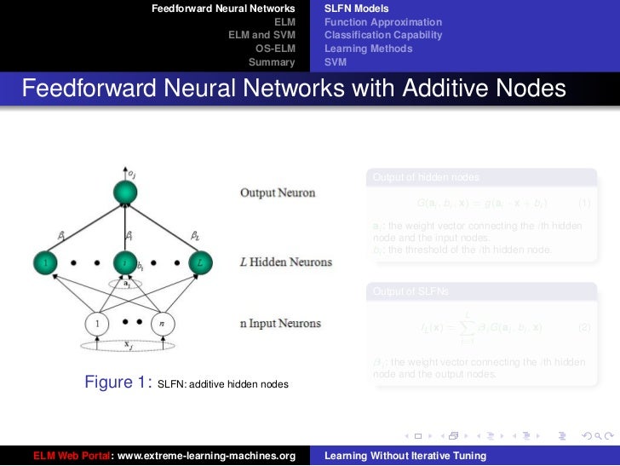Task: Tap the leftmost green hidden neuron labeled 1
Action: [44, 263]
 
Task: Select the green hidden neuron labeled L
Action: [198, 263]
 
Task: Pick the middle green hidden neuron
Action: [126, 263]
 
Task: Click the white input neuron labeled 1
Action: [98, 324]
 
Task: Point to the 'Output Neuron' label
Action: [277, 193]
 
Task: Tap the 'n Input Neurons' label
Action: [280, 324]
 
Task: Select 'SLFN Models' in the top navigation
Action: [351, 9]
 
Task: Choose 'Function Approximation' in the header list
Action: [382, 22]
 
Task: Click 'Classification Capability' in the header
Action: [383, 35]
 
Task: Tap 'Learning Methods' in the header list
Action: [368, 49]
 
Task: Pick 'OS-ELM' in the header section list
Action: [275, 49]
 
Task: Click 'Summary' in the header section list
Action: [271, 62]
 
